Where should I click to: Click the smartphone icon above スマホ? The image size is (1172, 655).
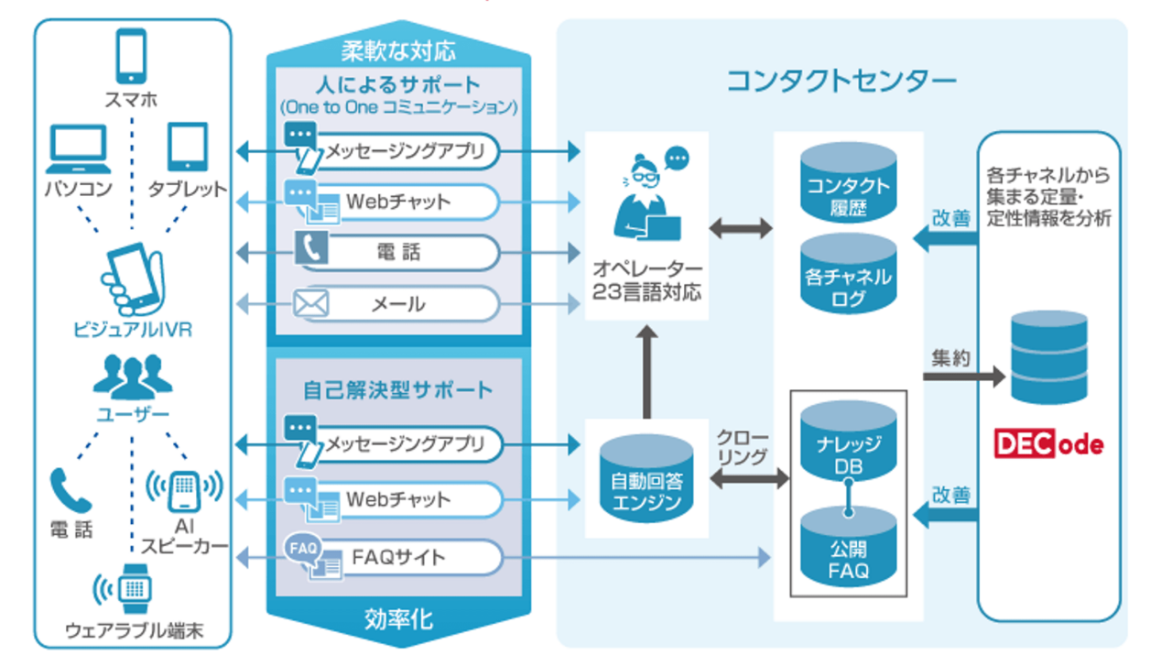[x=131, y=56]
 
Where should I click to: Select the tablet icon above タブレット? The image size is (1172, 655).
[x=188, y=147]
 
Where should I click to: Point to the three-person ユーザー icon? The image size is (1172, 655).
[x=132, y=374]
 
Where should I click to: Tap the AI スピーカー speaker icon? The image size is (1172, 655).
[x=184, y=491]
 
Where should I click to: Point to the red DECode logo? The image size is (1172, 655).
[x=1048, y=445]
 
